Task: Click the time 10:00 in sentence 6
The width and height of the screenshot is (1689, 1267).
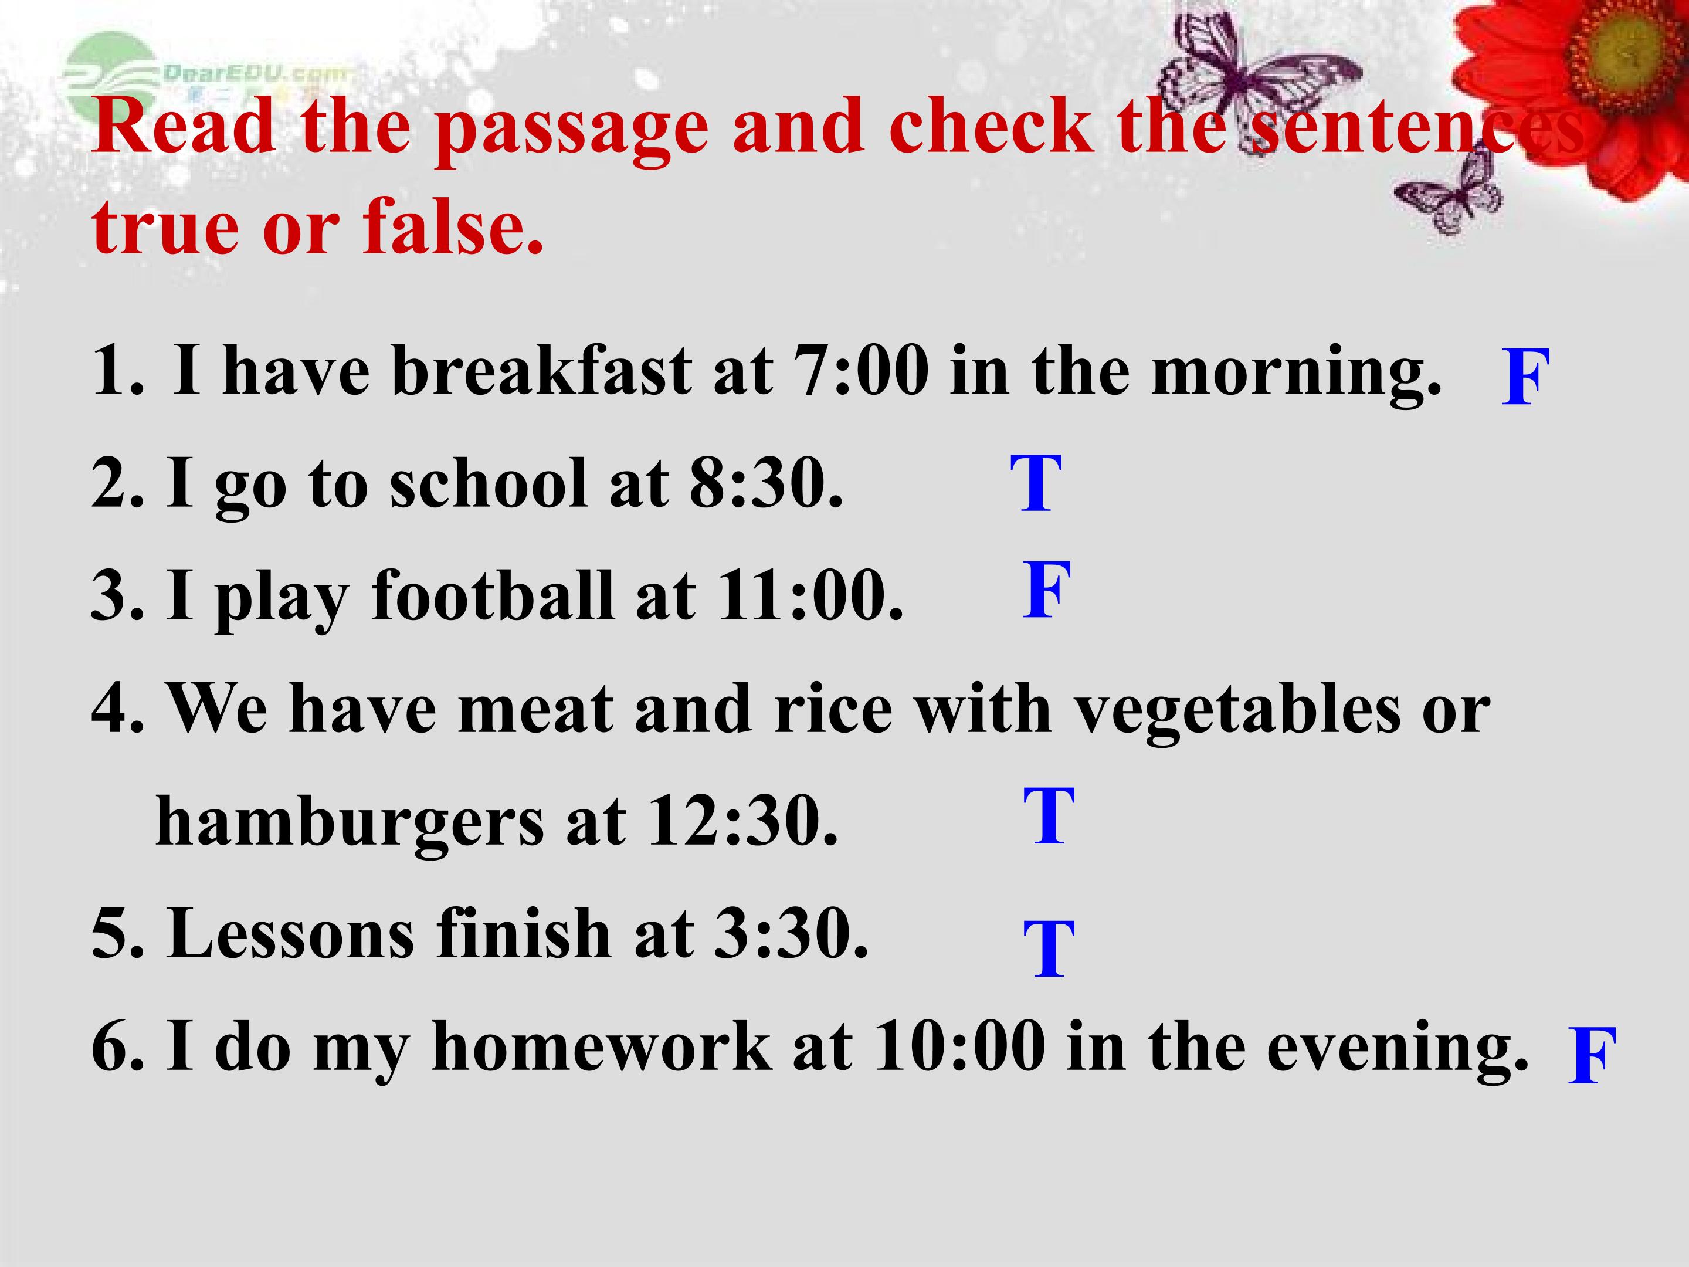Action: point(959,1046)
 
